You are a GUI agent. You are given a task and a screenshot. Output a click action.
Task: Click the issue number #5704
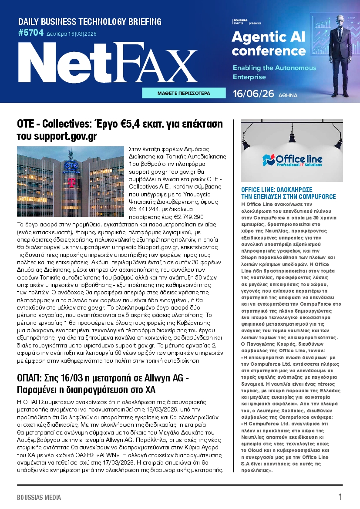click(31, 32)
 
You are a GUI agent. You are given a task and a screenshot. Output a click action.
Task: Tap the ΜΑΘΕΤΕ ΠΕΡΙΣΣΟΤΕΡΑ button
click(184, 93)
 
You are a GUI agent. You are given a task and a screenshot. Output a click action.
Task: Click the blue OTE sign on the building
click(71, 166)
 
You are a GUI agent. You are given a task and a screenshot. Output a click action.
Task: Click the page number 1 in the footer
click(340, 497)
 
